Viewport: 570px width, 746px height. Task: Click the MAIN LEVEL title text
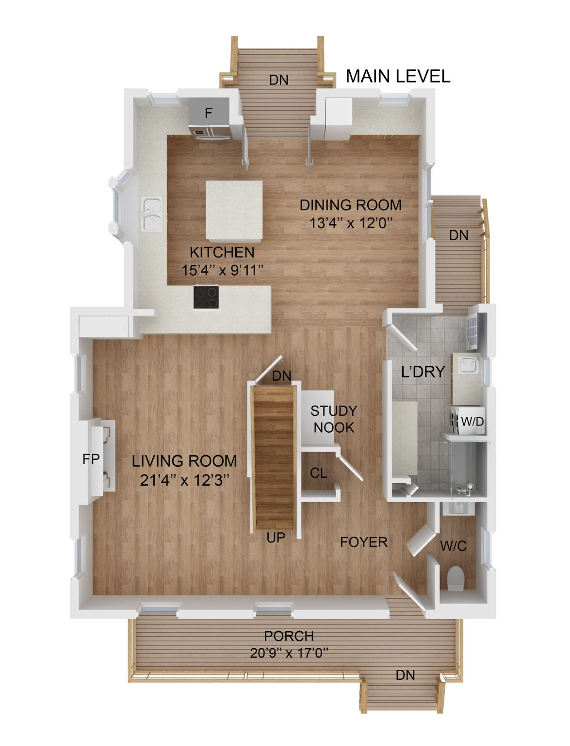point(398,76)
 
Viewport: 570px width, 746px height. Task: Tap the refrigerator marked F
point(209,114)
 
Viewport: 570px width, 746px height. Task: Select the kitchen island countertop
point(234,211)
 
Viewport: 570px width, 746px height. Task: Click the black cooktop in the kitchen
point(206,297)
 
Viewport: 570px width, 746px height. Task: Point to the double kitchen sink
point(152,214)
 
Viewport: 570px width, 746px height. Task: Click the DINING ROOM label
point(350,205)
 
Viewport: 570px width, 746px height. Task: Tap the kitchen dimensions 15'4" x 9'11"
point(222,270)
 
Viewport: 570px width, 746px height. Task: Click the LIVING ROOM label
point(184,461)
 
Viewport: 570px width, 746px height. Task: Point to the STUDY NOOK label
point(333,419)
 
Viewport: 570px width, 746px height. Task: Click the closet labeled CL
point(318,473)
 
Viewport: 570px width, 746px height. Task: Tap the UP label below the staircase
point(276,537)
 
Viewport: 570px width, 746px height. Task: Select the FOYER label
point(363,542)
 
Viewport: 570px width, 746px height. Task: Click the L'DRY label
point(423,372)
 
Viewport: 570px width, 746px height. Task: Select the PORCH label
point(289,636)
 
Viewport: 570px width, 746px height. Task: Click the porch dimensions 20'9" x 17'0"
point(289,653)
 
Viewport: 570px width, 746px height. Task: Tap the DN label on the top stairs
point(278,80)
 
